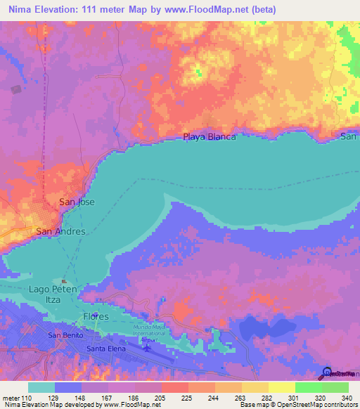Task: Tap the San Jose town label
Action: pos(76,202)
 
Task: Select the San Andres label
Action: pos(60,231)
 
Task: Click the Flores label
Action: pos(96,316)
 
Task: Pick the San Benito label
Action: pos(65,335)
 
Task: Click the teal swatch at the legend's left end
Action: pos(41,387)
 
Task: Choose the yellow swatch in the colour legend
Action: pos(281,387)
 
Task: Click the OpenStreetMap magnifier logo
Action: pos(327,373)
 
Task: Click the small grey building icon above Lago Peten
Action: pos(64,280)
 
